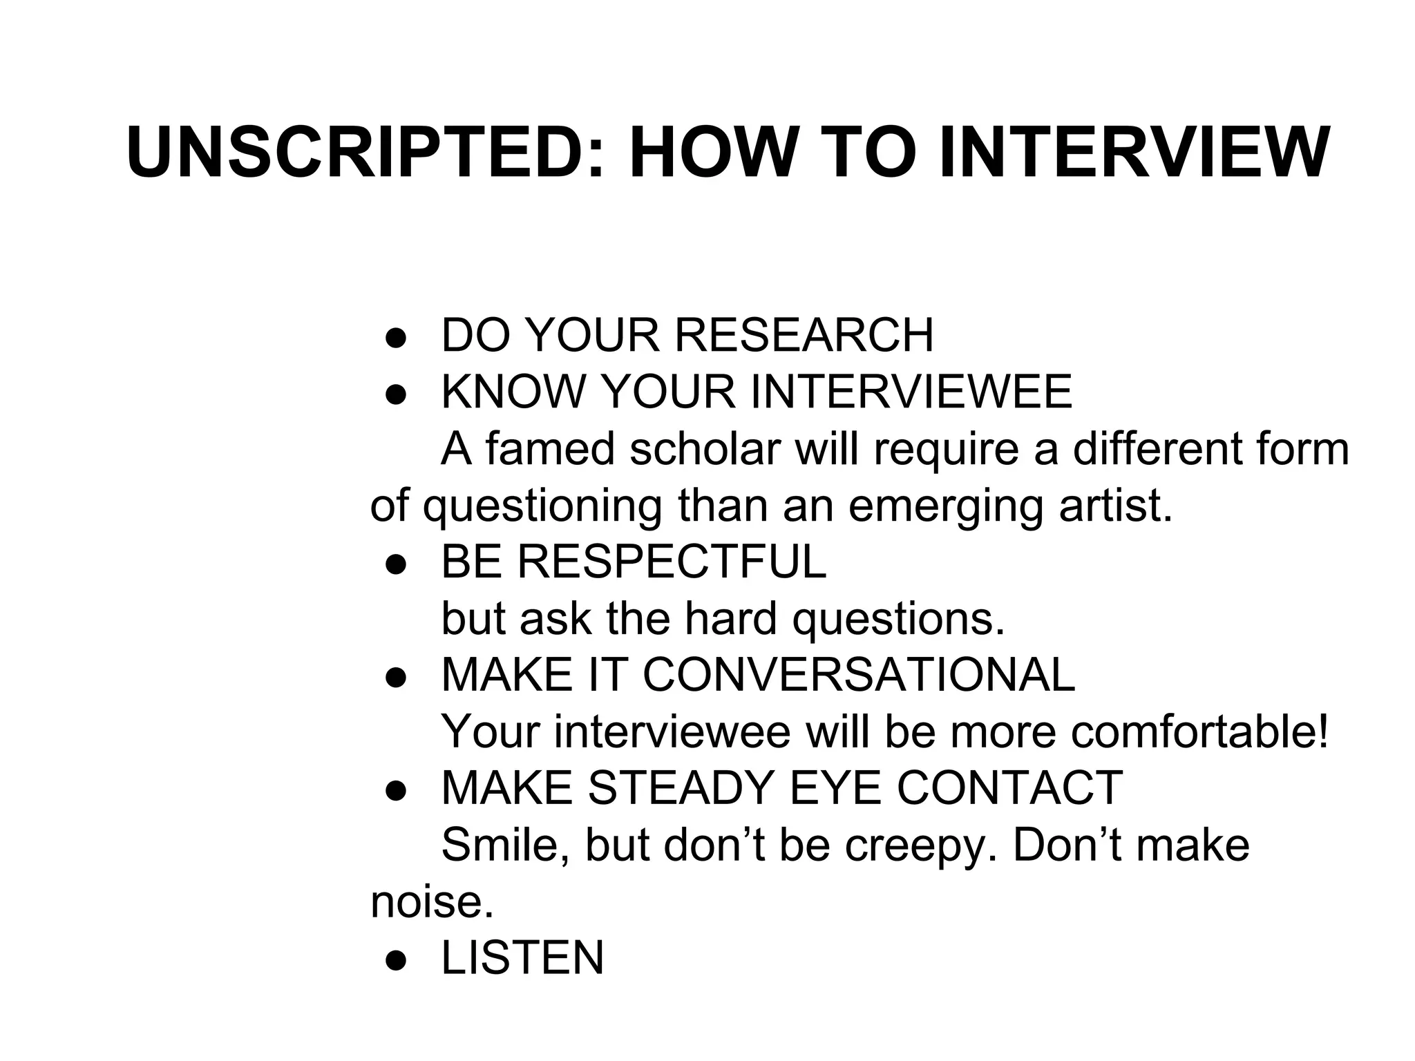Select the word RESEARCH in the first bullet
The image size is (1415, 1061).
coord(804,335)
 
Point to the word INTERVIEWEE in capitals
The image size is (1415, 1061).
coord(911,392)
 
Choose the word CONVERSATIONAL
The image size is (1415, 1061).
coord(859,675)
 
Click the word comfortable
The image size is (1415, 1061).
coord(1199,732)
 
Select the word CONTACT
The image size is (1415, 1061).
coord(1009,788)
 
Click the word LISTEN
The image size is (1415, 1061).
coord(522,958)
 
